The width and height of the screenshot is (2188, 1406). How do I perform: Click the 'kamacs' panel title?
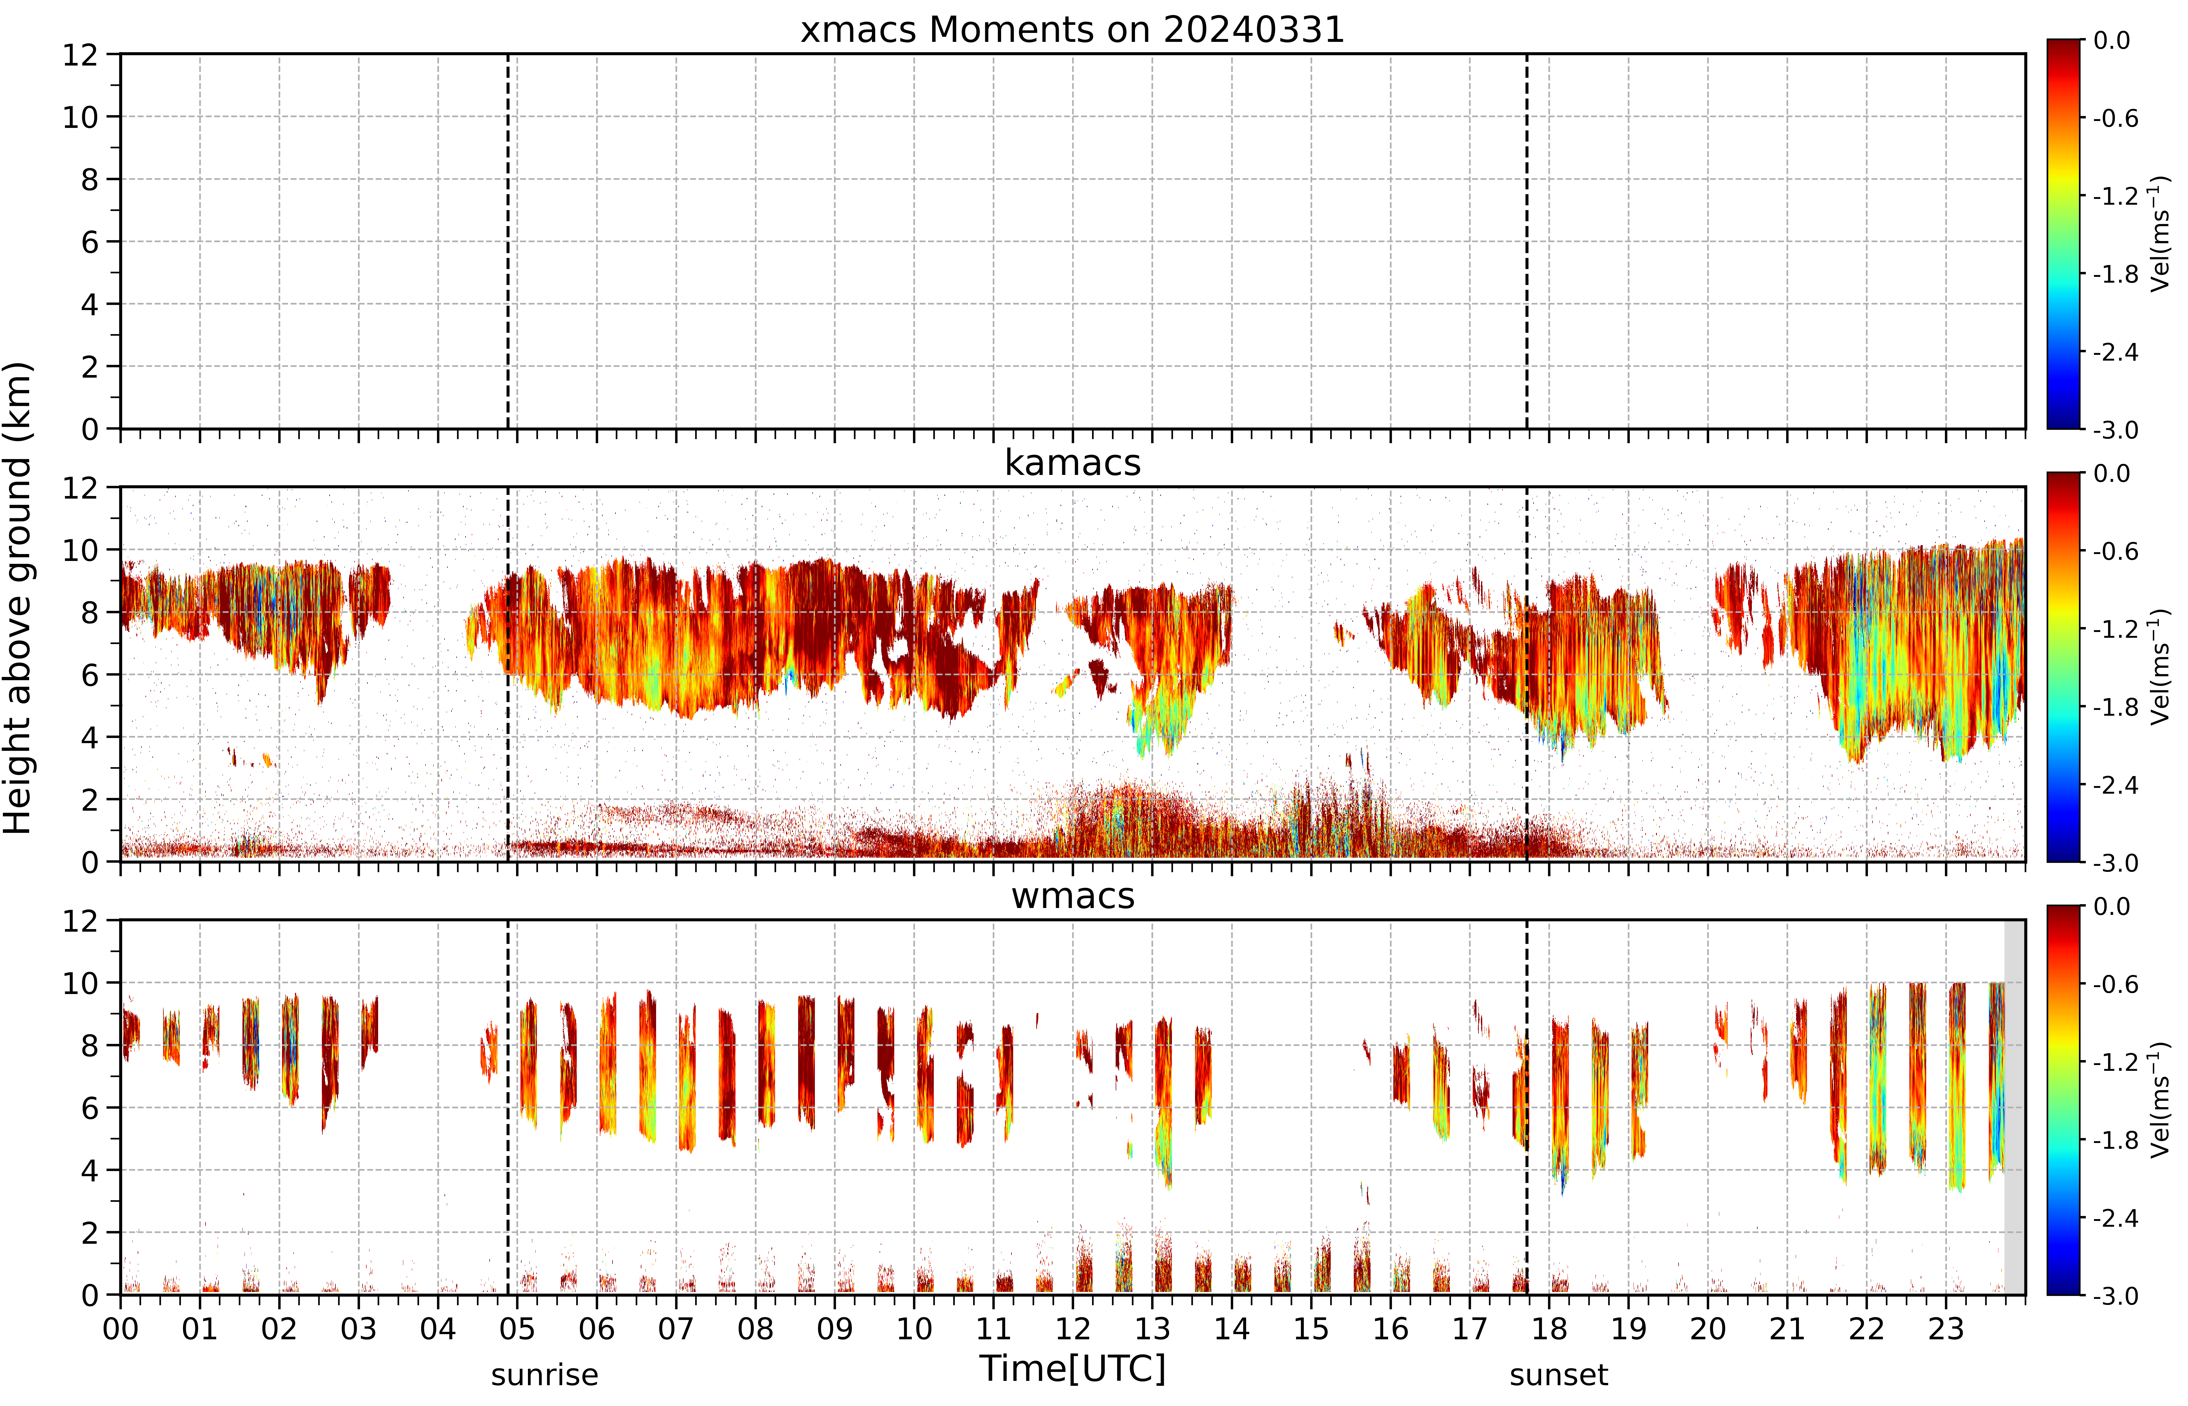1073,463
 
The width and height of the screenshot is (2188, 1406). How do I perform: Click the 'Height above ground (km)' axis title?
18,598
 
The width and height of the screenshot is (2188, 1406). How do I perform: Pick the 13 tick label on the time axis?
1152,1328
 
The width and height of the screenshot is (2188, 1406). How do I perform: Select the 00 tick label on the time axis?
120,1328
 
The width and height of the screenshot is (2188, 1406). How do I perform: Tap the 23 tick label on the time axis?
1946,1328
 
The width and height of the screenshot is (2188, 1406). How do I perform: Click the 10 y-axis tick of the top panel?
80,117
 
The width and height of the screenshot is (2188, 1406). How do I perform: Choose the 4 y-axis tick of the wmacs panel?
89,1170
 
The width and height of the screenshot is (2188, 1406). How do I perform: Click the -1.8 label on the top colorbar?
2116,274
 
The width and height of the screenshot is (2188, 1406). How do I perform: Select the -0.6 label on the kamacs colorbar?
2116,551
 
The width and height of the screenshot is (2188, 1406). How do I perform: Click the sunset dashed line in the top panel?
1526,241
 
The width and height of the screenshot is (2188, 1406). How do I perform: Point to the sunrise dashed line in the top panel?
507,241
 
